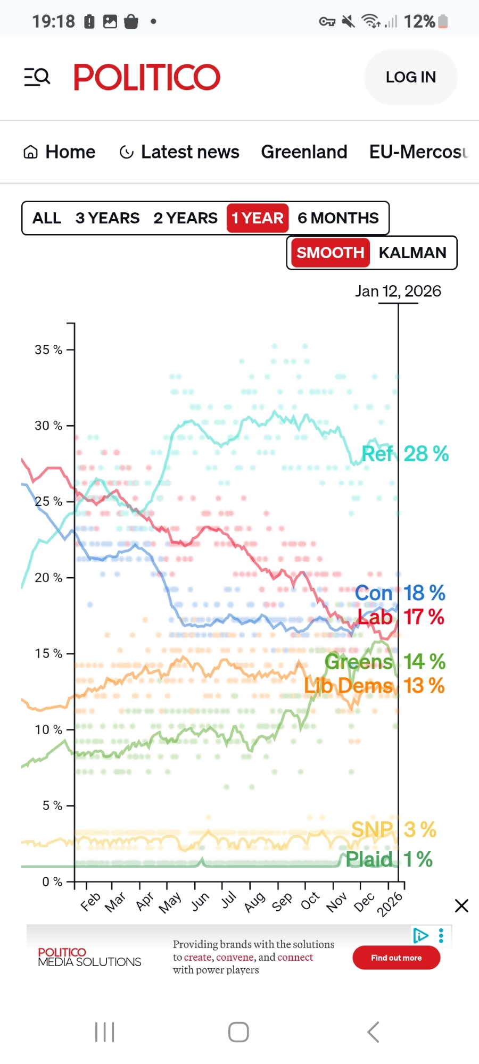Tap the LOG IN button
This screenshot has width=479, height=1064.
coord(410,77)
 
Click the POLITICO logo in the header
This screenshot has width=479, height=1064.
coord(147,77)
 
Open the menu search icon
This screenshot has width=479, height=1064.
coord(37,77)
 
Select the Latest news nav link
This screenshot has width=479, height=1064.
coord(180,152)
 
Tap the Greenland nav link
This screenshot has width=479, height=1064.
coord(304,152)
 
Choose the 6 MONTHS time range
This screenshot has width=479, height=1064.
coord(338,218)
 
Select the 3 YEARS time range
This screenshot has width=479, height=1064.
coord(108,218)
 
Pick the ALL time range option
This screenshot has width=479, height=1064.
coord(47,218)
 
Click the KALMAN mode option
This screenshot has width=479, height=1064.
coord(412,253)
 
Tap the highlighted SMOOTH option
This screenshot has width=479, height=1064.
coord(330,253)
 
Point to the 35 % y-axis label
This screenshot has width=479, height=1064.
coord(48,350)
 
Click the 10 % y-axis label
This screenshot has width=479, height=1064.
coord(48,730)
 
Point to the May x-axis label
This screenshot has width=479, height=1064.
coord(170,902)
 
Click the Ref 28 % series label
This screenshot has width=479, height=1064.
coord(405,454)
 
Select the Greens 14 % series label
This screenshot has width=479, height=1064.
coord(385,662)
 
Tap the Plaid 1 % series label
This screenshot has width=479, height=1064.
coord(389,859)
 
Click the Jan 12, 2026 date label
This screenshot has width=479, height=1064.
coord(398,292)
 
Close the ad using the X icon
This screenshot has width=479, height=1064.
coord(461,905)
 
